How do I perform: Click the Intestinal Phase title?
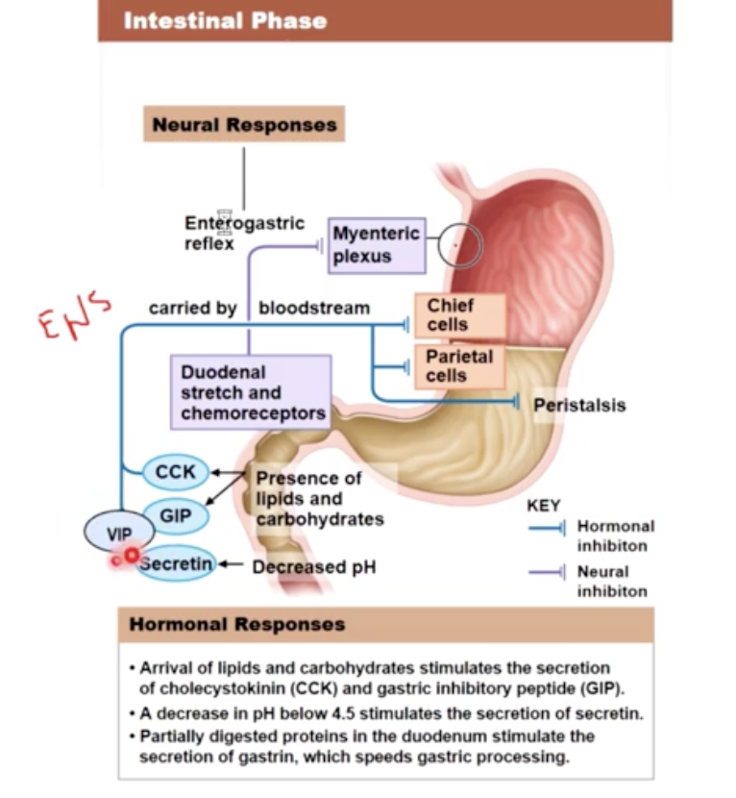[x=225, y=20]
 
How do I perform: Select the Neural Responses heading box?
[x=244, y=125]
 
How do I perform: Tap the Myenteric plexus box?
[x=376, y=245]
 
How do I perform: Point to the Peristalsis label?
[x=579, y=405]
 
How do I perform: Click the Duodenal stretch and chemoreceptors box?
[x=251, y=392]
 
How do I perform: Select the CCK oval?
[x=175, y=472]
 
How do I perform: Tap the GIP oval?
[x=175, y=516]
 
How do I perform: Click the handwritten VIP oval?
[x=119, y=533]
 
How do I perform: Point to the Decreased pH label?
[x=313, y=567]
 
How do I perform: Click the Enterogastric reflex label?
[x=243, y=233]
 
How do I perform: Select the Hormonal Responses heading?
[x=236, y=625]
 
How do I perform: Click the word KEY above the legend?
[x=544, y=506]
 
